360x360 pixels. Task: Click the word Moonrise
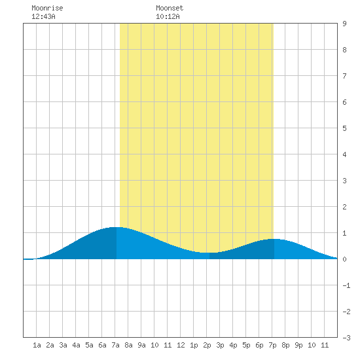(47, 8)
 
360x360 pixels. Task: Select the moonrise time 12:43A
(43, 16)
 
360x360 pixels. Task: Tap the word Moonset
(170, 8)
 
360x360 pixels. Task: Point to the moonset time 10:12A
(168, 16)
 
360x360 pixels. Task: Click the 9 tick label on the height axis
(344, 24)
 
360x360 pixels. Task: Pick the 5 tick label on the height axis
(344, 128)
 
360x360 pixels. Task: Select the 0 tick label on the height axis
(344, 259)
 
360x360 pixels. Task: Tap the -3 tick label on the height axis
(346, 338)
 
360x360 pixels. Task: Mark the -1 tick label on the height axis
(346, 285)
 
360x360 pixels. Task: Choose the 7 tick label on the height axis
(344, 76)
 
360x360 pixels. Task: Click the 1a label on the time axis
(37, 345)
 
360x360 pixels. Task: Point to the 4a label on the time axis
(76, 345)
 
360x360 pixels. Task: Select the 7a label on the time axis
(115, 345)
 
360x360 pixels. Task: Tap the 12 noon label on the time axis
(181, 345)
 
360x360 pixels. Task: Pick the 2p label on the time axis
(207, 345)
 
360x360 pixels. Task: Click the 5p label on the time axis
(246, 345)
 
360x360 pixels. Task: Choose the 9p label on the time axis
(298, 345)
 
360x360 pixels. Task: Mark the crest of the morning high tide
(117, 227)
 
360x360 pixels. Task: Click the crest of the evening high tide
(274, 239)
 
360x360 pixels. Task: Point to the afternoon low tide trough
(209, 253)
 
